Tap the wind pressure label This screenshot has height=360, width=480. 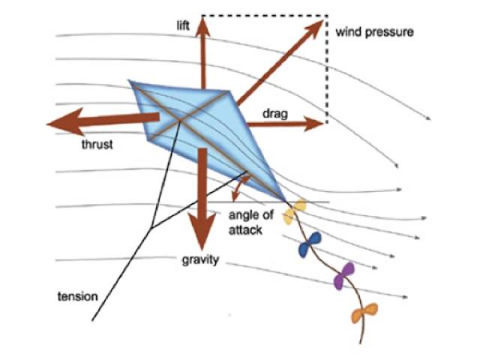point(374,32)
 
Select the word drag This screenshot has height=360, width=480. point(273,113)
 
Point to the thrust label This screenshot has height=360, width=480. point(97,145)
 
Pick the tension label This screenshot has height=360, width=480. point(78,297)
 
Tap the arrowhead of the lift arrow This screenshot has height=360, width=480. point(203,21)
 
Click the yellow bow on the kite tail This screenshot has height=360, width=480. point(295,211)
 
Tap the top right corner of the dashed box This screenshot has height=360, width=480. point(327,15)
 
